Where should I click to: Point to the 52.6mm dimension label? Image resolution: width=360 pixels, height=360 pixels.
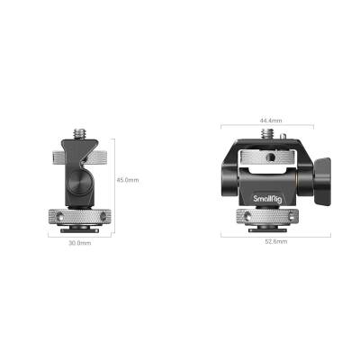click(274, 242)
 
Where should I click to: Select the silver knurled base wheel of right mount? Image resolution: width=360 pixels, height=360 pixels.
click(269, 216)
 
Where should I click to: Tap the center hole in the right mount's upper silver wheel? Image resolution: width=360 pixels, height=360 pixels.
click(268, 154)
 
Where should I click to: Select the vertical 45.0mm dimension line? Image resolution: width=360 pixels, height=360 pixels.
click(114, 180)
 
